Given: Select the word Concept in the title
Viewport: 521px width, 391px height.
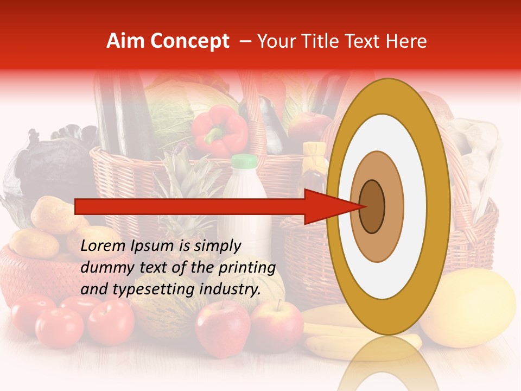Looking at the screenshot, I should tap(189, 41).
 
